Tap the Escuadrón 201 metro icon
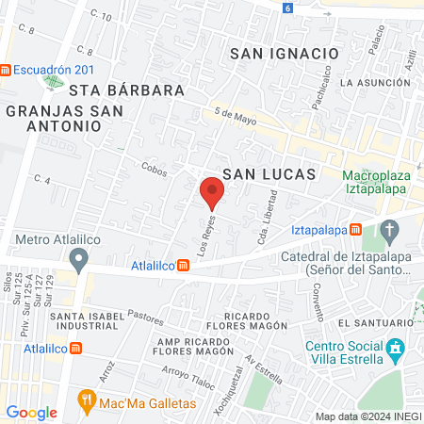(8, 69)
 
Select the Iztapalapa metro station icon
(355, 229)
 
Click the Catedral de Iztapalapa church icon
(390, 230)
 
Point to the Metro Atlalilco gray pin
(79, 257)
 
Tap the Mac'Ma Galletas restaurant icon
(88, 400)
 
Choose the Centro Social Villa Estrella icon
(397, 351)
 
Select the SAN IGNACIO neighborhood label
(283, 54)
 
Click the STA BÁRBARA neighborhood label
(125, 90)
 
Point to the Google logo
(31, 412)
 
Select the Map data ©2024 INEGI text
(367, 416)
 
